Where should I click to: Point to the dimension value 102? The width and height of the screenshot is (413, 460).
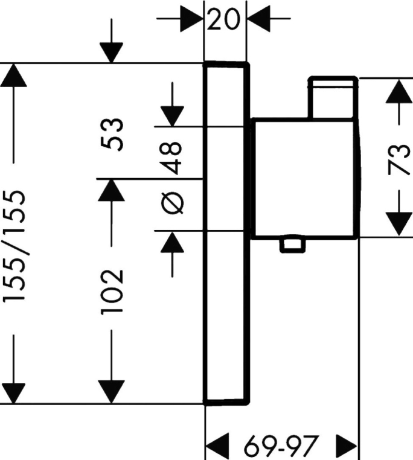(113, 291)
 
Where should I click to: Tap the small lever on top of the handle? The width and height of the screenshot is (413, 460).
(332, 97)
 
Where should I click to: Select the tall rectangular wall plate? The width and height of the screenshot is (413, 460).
(226, 233)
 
